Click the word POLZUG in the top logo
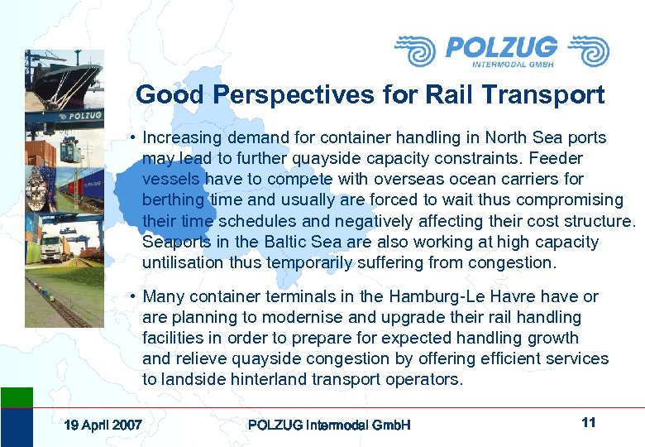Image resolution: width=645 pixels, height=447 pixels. pos(501,47)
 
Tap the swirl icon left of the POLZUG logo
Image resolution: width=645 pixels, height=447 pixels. pos(415,50)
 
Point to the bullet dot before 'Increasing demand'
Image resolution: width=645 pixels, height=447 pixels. pos(132,138)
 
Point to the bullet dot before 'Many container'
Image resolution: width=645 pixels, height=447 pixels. pos(132,297)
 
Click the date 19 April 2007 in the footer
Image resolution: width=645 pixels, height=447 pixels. pos(103,425)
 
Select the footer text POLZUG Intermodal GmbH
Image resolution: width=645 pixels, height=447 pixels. pos(329,425)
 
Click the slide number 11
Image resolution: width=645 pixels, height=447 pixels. pos(589,423)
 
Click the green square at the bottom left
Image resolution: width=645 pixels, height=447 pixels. pos(17,397)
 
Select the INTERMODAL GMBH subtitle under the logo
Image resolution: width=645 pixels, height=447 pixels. pos(513,64)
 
